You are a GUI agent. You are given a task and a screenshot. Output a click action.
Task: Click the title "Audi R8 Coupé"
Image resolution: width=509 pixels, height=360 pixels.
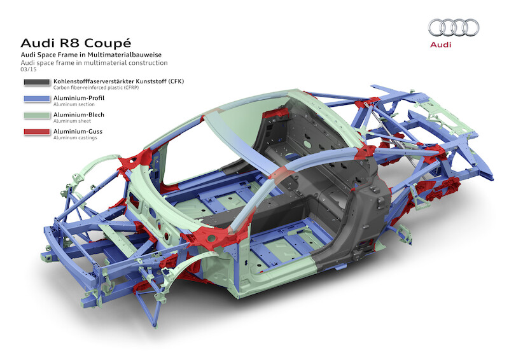[76, 43]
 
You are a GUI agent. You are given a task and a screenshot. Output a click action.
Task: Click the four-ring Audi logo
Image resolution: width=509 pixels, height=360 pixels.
[454, 27]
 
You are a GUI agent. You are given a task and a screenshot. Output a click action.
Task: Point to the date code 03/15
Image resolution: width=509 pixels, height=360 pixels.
[28, 70]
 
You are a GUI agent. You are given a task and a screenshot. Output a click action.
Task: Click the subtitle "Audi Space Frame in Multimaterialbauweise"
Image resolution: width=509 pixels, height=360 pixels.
[88, 56]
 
